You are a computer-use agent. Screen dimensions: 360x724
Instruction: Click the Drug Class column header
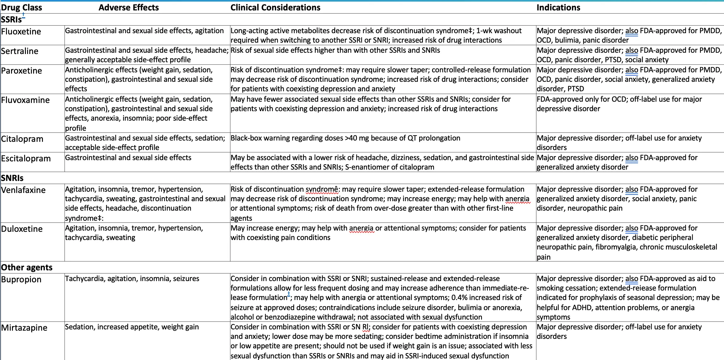coord(21,8)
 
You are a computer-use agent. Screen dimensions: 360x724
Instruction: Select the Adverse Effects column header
coord(128,8)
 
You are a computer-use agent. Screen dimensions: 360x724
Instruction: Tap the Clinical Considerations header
coord(275,8)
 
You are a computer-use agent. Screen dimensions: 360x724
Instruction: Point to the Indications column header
coord(558,8)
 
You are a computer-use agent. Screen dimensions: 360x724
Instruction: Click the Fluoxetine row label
coord(21,32)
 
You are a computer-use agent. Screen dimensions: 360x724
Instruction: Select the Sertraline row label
coord(20,51)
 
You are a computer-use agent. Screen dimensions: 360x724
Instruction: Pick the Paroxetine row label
coord(21,71)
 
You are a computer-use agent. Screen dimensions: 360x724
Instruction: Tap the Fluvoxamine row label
coord(25,100)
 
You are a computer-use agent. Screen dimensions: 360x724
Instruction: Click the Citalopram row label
coord(22,139)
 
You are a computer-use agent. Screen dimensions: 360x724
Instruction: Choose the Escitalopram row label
coord(26,159)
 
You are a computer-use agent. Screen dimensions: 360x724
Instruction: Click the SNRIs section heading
coord(12,178)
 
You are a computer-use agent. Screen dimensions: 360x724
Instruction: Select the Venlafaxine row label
coord(23,190)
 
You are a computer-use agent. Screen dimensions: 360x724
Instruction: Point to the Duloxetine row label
coord(22,229)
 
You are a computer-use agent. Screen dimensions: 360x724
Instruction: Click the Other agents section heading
coord(27,267)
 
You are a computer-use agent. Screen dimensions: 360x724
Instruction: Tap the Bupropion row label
coord(21,279)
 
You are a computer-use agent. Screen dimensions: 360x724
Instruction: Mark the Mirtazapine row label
coord(24,328)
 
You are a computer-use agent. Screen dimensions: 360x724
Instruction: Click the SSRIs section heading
coord(11,20)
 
